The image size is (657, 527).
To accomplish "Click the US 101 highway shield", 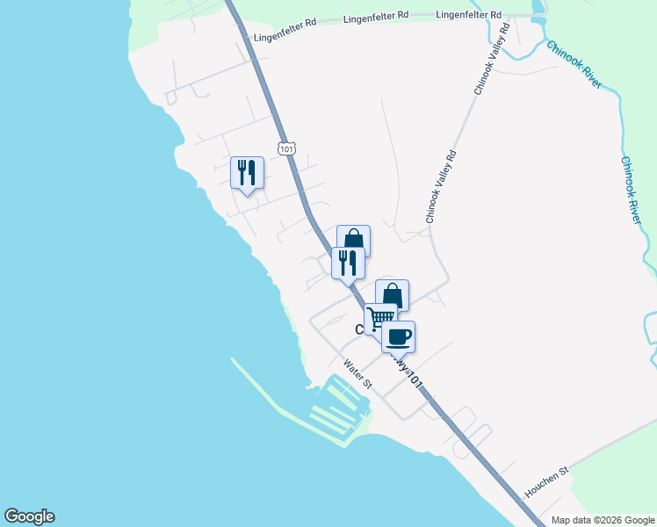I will pos(286,148).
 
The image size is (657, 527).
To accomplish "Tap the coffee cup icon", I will pos(399,336).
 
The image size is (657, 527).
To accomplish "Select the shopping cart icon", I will pos(379,317).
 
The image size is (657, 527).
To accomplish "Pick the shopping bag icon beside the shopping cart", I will pos(393,294).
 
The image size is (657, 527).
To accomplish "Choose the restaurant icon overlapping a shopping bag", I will pos(348,262).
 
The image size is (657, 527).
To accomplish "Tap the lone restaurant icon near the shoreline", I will pos(247,171).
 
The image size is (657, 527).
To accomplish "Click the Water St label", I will pos(358,373).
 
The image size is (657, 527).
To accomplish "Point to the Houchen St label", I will pos(547,481).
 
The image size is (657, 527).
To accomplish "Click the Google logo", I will pos(29,516).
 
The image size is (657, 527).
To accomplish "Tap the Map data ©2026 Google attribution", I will pos(603,520).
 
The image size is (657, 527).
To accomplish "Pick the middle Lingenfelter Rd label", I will pos(377,17).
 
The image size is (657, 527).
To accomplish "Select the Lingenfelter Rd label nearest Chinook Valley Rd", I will pos(468,15).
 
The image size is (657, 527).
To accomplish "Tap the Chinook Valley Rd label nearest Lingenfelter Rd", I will pos(492,59).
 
